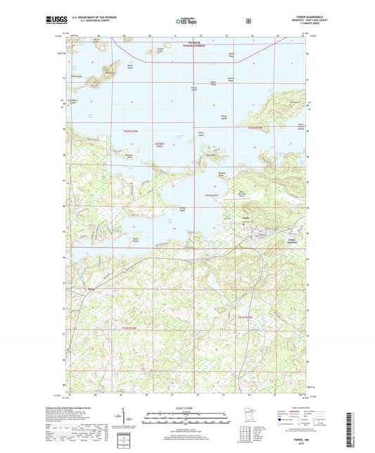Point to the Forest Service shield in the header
click(x=248, y=20)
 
